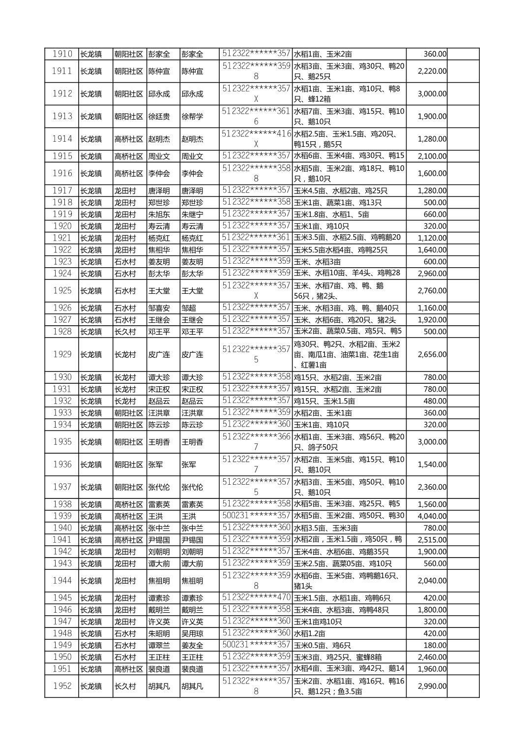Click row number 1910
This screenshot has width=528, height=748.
pyautogui.click(x=62, y=54)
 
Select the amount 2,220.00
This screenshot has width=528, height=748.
pyautogui.click(x=432, y=71)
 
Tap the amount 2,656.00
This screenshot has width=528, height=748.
pyautogui.click(x=432, y=354)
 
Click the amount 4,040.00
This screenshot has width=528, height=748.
pyautogui.click(x=432, y=516)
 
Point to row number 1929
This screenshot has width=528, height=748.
pyautogui.click(x=62, y=354)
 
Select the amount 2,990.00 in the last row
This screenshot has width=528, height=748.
pyautogui.click(x=432, y=686)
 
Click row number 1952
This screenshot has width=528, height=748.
pyautogui.click(x=62, y=686)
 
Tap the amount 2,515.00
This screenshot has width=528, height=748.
pyautogui.click(x=432, y=540)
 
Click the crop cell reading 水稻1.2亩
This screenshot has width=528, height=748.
pyautogui.click(x=309, y=633)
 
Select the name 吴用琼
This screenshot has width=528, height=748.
pyautogui.click(x=192, y=633)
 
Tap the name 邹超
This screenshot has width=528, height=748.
pyautogui.click(x=189, y=308)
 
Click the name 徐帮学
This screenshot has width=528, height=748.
pyautogui.click(x=192, y=117)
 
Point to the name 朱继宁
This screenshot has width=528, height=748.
pyautogui.click(x=192, y=215)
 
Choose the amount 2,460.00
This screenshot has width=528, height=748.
pyautogui.click(x=432, y=657)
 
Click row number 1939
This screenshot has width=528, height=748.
pyautogui.click(x=62, y=516)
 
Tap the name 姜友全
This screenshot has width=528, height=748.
pyautogui.click(x=192, y=645)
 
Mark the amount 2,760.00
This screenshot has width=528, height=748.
pyautogui.click(x=432, y=291)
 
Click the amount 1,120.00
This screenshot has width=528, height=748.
pyautogui.click(x=432, y=238)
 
